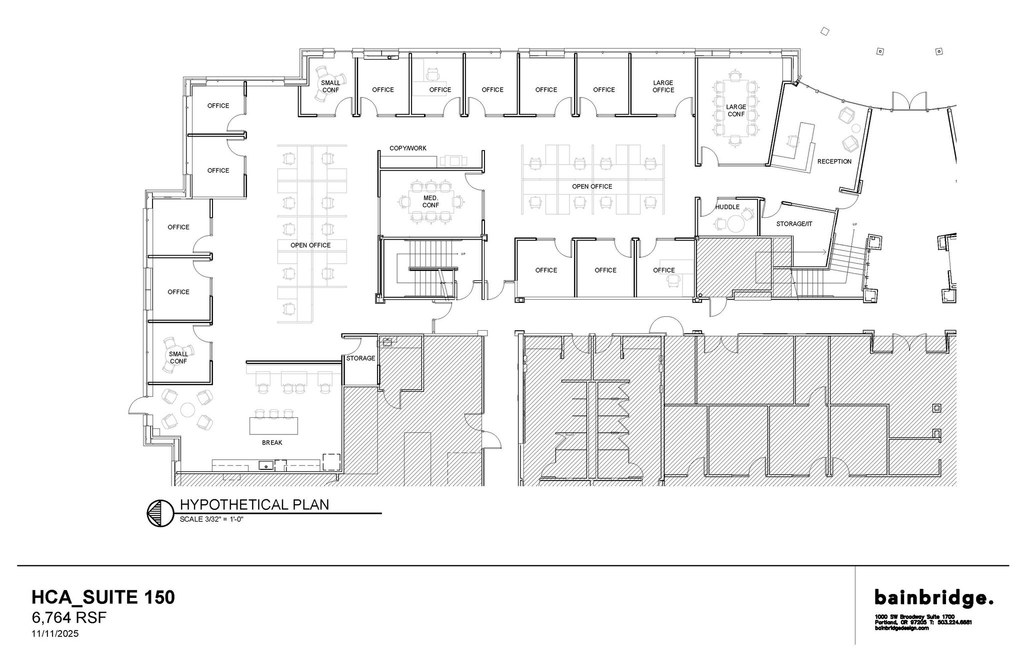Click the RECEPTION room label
pos(834,162)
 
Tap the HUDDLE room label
pos(727,207)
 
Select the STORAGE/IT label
pos(794,224)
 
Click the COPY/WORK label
pos(408,149)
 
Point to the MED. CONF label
pos(430,202)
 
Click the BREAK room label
pos(272,443)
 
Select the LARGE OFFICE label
pos(663,87)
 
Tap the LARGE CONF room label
pos(735,111)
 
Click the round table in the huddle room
pos(735,224)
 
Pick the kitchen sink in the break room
pos(266,466)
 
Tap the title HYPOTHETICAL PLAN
pos(254,504)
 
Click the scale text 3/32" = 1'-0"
pos(211,519)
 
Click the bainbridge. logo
pos(933,597)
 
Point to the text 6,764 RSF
pos(69,618)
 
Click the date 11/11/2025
pos(55,634)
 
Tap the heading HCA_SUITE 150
pos(103,597)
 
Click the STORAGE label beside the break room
pos(360,358)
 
